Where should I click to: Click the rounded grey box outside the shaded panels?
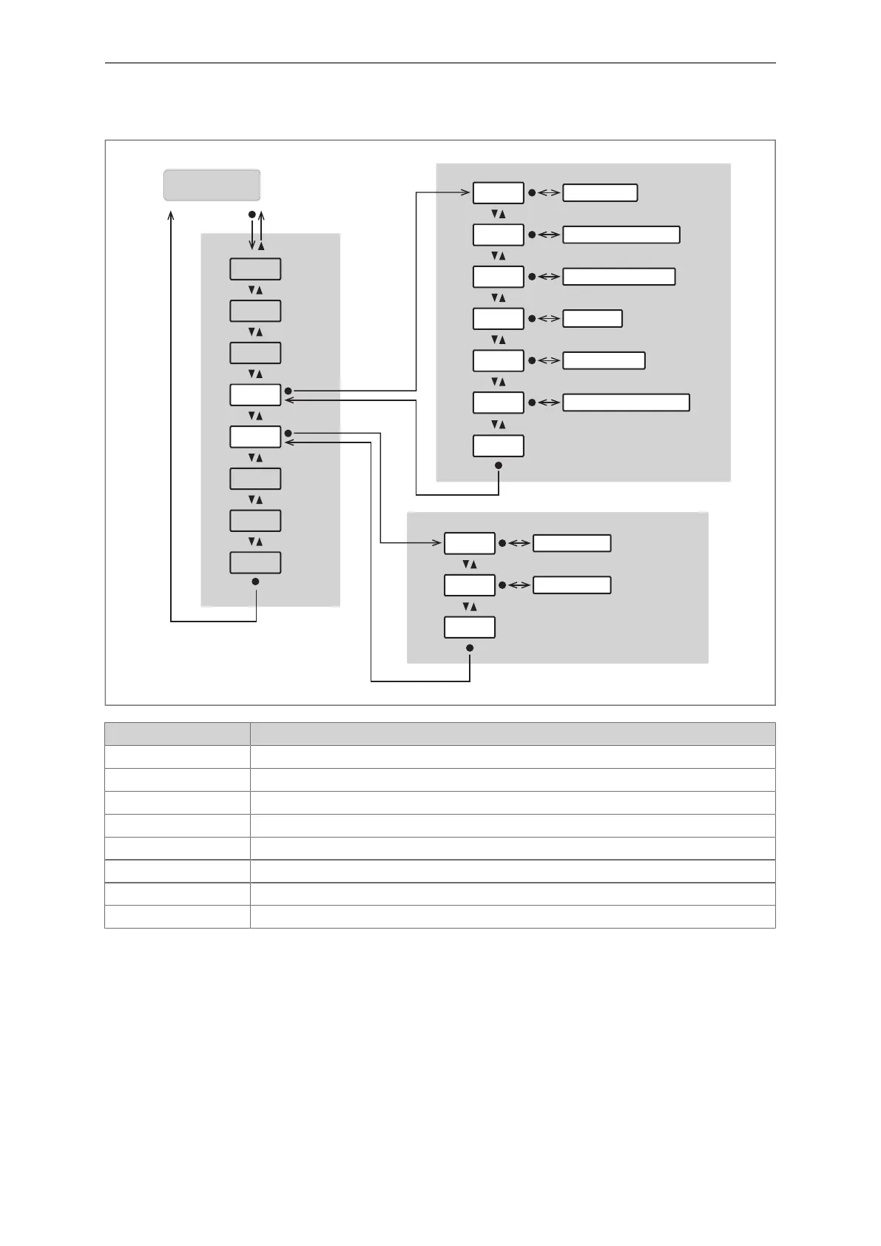tap(212, 185)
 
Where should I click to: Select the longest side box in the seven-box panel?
tap(626, 403)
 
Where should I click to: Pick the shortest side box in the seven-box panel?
tap(593, 319)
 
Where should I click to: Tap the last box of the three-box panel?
tap(469, 627)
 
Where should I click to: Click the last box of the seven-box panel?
tap(498, 446)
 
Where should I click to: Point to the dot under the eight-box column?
tap(256, 582)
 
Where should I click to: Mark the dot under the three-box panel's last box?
tap(470, 648)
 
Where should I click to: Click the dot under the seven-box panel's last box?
tap(499, 465)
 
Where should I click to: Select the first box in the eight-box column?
tap(255, 269)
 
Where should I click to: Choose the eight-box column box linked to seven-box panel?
tap(255, 395)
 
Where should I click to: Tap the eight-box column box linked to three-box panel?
tap(255, 437)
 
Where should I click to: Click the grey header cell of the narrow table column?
tap(177, 734)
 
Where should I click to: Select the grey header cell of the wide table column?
tap(512, 734)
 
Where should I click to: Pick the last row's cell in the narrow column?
tap(177, 917)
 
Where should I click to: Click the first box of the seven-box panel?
tap(498, 193)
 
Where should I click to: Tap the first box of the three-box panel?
tap(469, 543)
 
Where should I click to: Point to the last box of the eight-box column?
tap(255, 562)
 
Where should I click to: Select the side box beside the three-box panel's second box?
tap(572, 585)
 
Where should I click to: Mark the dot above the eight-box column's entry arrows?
tap(252, 215)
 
